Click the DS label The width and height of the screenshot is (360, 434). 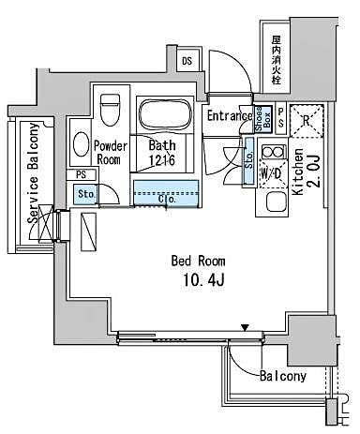pyautogui.click(x=187, y=63)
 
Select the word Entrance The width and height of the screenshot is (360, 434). pyautogui.click(x=229, y=115)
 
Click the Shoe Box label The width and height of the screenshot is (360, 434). pyautogui.click(x=265, y=118)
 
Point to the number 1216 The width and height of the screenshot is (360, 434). pyautogui.click(x=164, y=160)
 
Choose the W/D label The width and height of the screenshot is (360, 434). pyautogui.click(x=274, y=173)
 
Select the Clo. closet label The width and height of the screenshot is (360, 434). pyautogui.click(x=168, y=198)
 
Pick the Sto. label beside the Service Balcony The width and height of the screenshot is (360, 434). pyautogui.click(x=85, y=194)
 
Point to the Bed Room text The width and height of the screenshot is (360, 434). pyautogui.click(x=196, y=260)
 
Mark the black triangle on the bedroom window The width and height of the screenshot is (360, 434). pyautogui.click(x=246, y=327)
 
